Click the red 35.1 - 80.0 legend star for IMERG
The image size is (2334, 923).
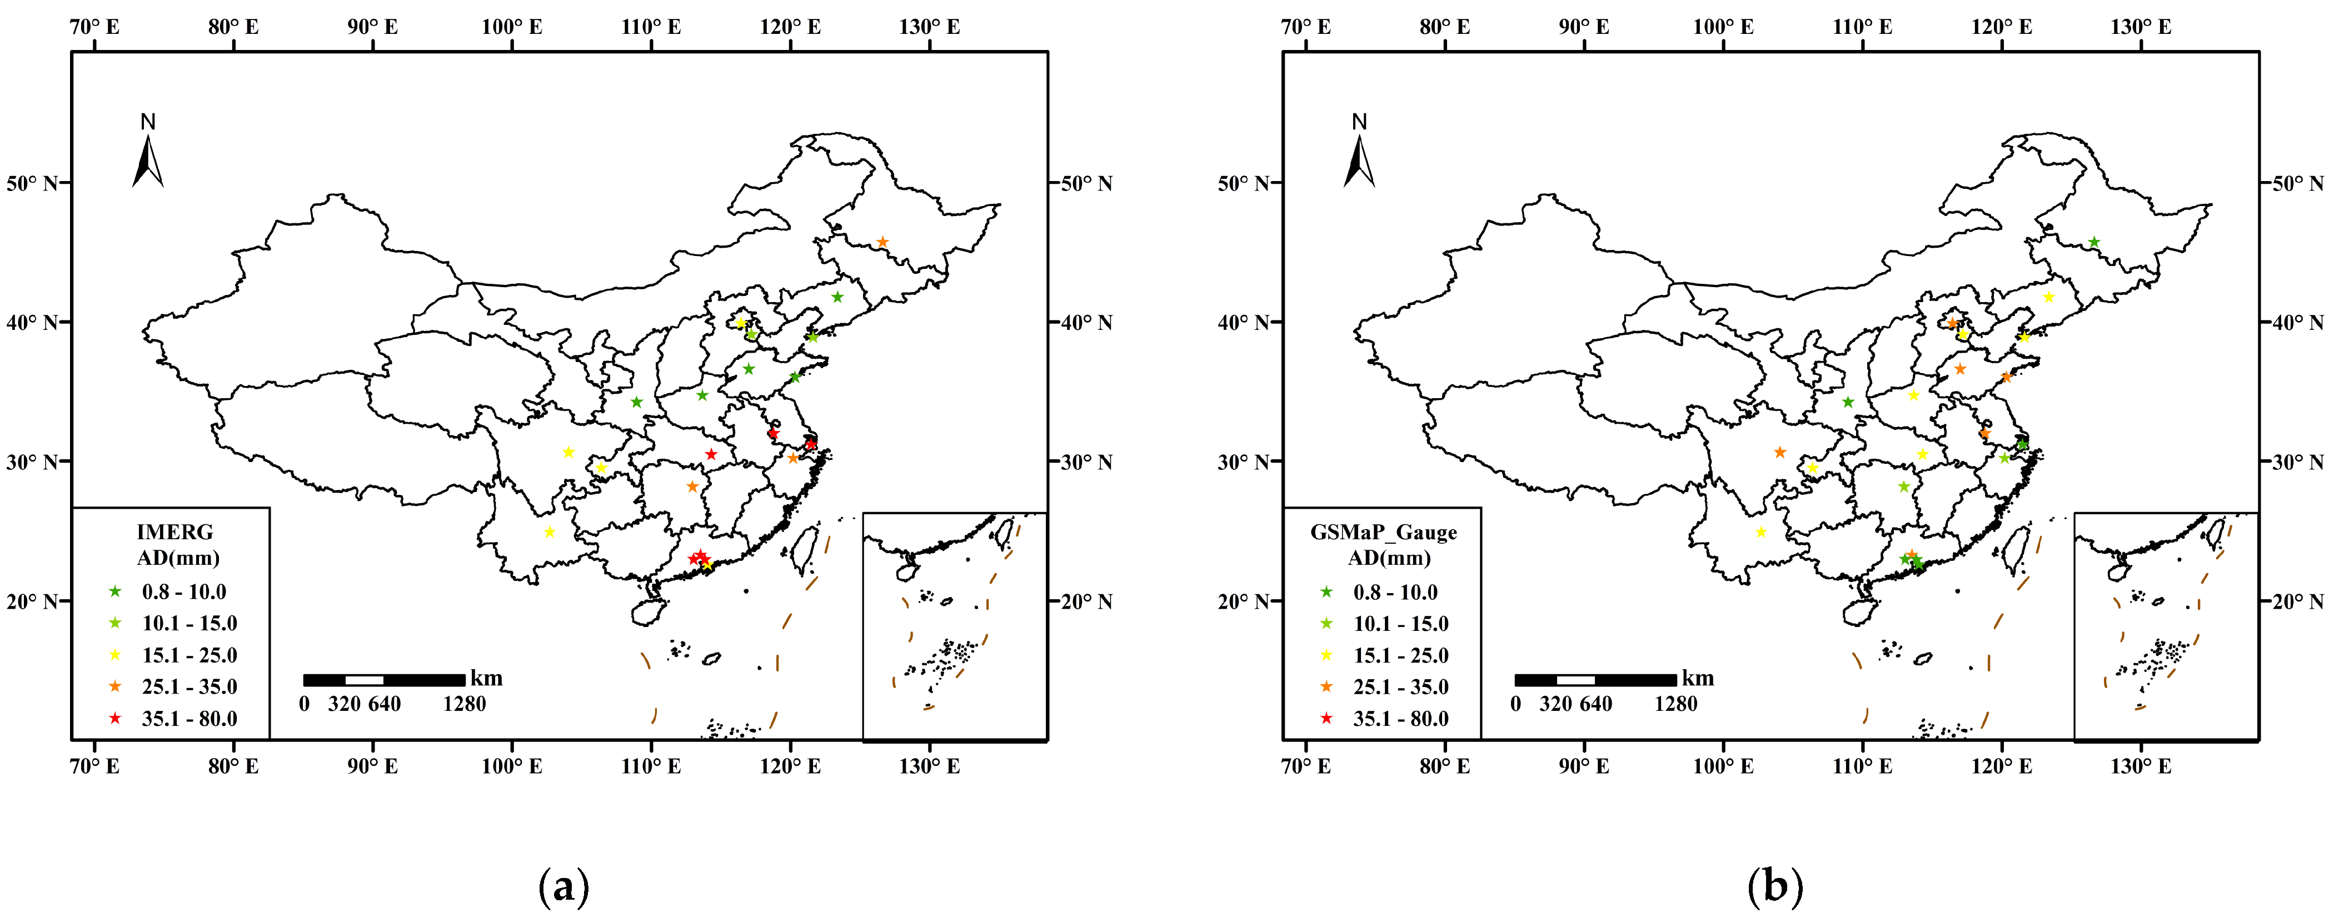(x=115, y=718)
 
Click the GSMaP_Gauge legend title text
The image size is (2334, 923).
(x=1384, y=531)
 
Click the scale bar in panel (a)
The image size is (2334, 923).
(x=384, y=679)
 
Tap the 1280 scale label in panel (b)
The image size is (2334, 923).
(x=1675, y=704)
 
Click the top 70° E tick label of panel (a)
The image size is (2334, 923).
(x=94, y=26)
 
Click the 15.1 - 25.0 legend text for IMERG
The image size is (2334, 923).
(x=189, y=655)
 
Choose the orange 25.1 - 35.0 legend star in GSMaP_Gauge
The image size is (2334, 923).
(x=1326, y=686)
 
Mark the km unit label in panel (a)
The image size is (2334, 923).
(x=487, y=679)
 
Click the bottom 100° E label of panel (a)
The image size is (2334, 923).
(x=512, y=766)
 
